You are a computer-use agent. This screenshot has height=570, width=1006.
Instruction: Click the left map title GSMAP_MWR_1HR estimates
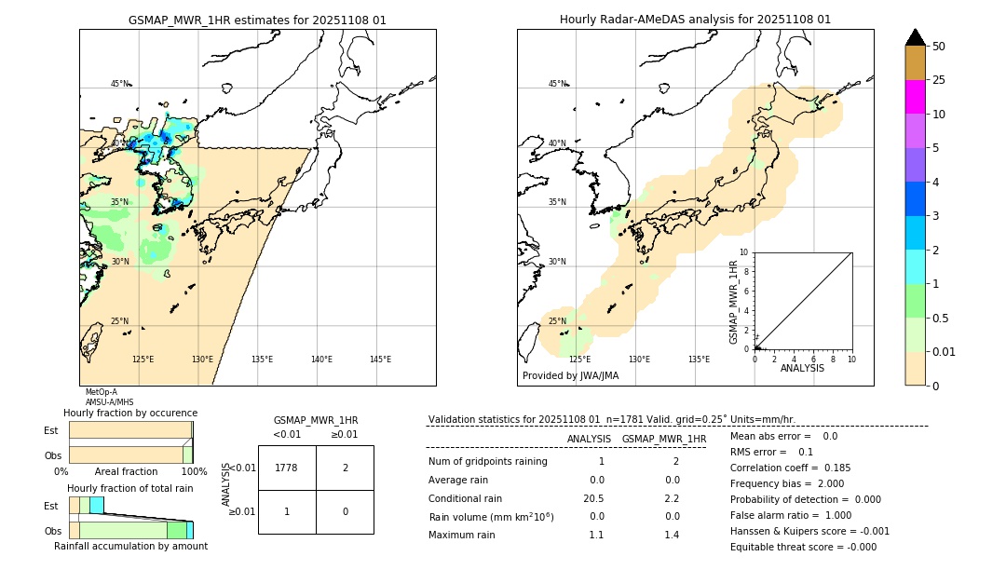coord(257,20)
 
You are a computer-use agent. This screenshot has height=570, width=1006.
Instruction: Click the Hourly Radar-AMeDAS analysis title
coord(695,20)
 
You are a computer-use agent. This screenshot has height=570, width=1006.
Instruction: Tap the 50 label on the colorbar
coord(940,47)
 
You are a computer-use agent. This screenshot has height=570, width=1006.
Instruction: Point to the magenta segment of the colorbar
coord(915,97)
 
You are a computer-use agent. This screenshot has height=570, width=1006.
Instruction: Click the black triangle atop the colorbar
coord(915,37)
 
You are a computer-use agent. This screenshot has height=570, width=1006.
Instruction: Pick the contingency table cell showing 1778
coord(287,468)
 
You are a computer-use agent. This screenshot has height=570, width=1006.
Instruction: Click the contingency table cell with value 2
coord(345,468)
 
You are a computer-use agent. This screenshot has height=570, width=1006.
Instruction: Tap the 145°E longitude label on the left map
coord(380,360)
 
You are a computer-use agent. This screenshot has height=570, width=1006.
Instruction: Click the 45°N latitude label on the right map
coord(557,84)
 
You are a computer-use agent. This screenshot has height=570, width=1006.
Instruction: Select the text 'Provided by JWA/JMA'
coord(570,376)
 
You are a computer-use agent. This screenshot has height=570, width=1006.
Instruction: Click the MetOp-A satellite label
coord(102,392)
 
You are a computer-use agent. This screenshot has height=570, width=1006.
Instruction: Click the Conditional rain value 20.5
coord(596,498)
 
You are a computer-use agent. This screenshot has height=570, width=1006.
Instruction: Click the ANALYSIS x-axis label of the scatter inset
coord(802,368)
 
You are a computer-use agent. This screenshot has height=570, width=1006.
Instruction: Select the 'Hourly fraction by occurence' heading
coord(130,413)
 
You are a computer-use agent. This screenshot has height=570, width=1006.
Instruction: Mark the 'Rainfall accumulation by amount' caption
coord(130,546)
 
